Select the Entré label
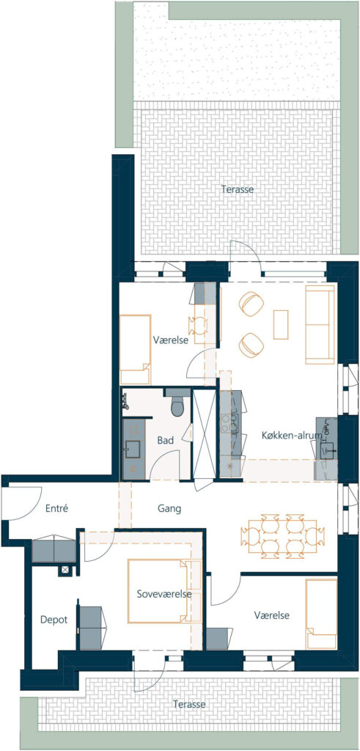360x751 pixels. point(56,509)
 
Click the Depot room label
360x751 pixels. point(54,620)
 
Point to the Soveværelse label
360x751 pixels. point(164,594)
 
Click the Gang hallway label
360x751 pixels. point(169,509)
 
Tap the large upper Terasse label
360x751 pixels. point(238,189)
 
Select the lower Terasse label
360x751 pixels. point(190,705)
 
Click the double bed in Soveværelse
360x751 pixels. point(160,591)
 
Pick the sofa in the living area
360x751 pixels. point(320,324)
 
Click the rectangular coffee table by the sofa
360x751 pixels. point(281,324)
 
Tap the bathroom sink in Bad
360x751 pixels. point(132,448)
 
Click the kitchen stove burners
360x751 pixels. point(226,423)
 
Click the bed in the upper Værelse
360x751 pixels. point(135,350)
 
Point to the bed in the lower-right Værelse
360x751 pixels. point(321,614)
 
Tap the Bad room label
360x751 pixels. point(166,441)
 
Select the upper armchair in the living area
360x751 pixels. point(251,304)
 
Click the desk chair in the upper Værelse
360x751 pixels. point(198,326)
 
